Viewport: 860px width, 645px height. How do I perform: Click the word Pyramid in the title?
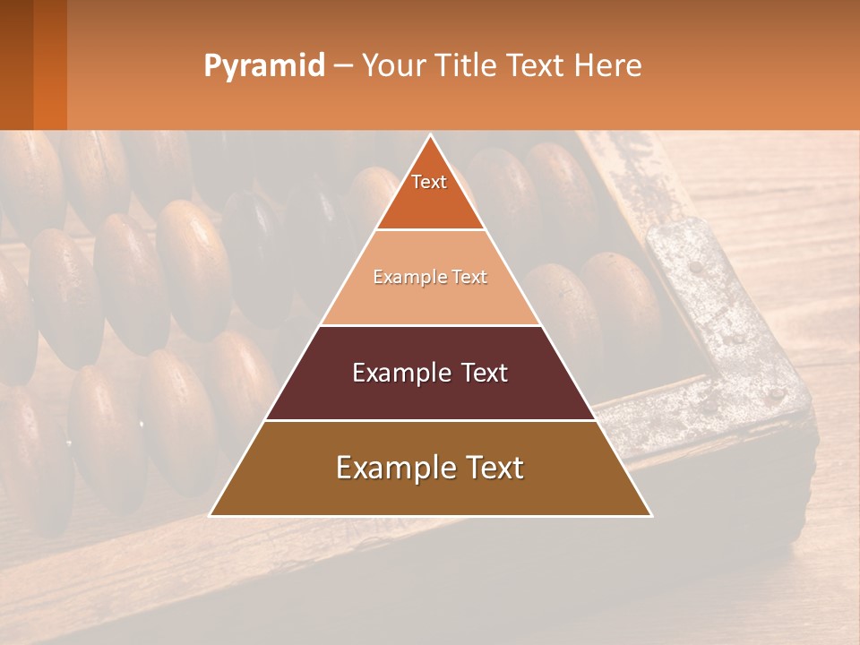pyautogui.click(x=263, y=66)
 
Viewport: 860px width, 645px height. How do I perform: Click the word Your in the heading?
pyautogui.click(x=394, y=65)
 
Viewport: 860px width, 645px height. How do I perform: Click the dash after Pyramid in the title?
pyautogui.click(x=342, y=66)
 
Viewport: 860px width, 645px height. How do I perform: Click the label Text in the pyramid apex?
pyautogui.click(x=429, y=182)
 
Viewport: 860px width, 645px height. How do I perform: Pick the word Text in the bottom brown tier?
pyautogui.click(x=490, y=468)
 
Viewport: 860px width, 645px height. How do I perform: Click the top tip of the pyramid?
pyautogui.click(x=430, y=136)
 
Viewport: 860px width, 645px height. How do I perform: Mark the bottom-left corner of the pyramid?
pyautogui.click(x=211, y=515)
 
